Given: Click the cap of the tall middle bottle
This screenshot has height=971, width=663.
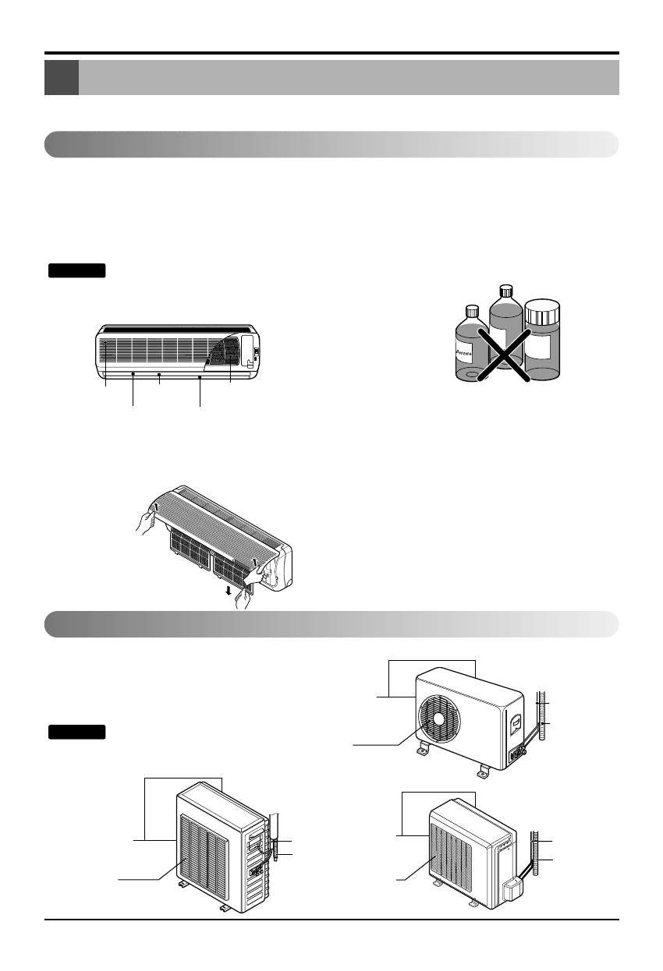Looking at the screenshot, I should pyautogui.click(x=504, y=291).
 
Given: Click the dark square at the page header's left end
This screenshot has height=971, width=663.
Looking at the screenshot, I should pyautogui.click(x=62, y=78).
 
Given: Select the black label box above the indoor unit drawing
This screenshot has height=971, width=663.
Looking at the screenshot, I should pyautogui.click(x=77, y=270).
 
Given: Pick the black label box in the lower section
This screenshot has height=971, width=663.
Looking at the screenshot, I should pyautogui.click(x=77, y=732).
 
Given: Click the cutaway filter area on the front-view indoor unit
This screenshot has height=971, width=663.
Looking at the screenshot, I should pyautogui.click(x=224, y=353).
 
